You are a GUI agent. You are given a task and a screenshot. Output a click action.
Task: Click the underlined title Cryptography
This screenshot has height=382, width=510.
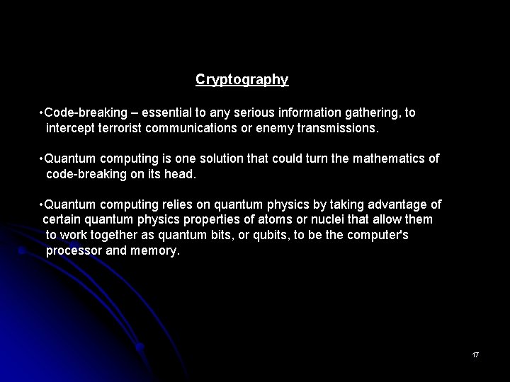(242, 80)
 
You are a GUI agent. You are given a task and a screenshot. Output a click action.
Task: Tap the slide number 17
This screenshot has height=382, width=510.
(475, 354)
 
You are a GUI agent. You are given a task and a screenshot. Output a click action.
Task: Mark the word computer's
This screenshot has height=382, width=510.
(378, 235)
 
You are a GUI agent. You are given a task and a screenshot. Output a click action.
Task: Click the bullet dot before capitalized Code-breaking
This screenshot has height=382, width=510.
(42, 113)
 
